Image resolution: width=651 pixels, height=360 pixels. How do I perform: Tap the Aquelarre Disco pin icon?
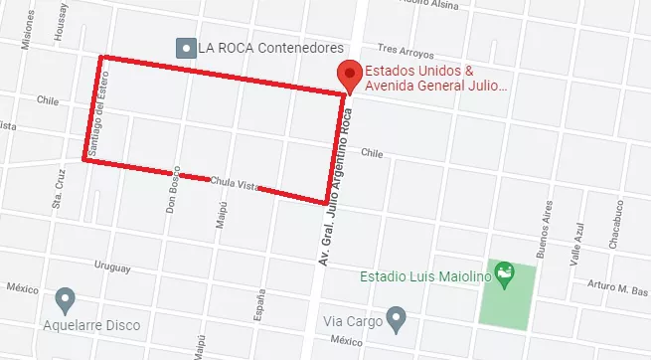[x=66, y=298]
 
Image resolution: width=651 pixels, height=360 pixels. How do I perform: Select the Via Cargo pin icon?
[x=397, y=320]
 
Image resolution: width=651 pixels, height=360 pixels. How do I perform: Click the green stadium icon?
[x=505, y=271]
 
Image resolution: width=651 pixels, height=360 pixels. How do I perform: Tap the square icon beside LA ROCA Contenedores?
[x=184, y=47]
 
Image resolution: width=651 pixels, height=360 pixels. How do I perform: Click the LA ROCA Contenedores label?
[x=270, y=47]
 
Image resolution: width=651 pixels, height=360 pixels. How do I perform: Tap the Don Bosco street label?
[x=171, y=190]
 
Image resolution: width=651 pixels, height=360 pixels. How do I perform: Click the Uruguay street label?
[x=111, y=267]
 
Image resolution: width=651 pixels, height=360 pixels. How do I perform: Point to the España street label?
[x=261, y=307]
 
